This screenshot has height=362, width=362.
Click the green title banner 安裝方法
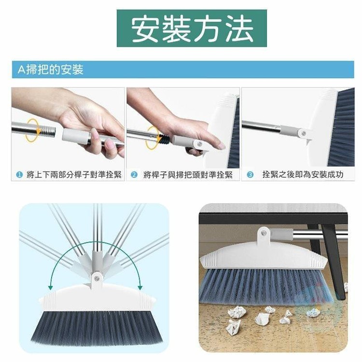point(192,28)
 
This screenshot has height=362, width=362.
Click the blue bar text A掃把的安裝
point(51,70)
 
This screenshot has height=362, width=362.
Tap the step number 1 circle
point(20,175)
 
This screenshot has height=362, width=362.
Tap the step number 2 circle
point(134,175)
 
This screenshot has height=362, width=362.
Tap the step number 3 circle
point(250,175)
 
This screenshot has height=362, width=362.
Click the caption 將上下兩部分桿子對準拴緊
point(74,175)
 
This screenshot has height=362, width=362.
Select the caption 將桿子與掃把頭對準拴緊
point(188,175)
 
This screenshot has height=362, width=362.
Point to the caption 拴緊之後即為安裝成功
point(303,175)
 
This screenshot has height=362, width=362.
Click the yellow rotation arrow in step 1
point(32,130)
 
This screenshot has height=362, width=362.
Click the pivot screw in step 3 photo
point(304,133)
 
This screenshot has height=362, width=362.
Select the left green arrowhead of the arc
point(50,288)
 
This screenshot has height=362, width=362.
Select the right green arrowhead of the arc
point(140,288)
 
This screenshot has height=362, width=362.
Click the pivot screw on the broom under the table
point(264,234)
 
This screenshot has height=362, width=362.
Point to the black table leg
point(334,261)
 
